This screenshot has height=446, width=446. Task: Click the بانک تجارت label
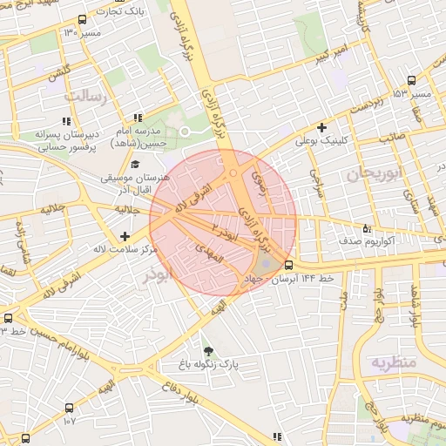pos(121,12)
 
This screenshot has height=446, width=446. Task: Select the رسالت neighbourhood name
pos(90,96)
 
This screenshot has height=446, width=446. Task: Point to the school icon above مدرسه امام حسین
pos(137,118)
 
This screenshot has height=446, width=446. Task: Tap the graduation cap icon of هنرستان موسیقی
pos(134,164)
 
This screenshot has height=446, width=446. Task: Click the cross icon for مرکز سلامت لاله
pos(126,236)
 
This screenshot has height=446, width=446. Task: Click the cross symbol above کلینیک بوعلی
pos(321,127)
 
